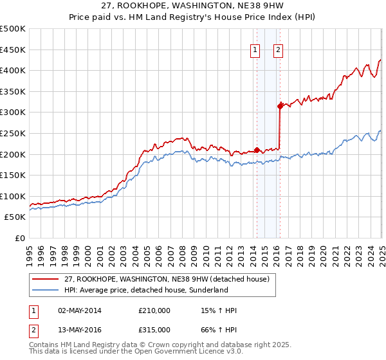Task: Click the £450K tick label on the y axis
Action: tap(14, 50)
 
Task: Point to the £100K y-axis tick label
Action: tap(14, 196)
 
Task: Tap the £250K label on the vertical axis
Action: tap(14, 133)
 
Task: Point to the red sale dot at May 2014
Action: tap(257, 150)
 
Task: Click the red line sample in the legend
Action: tap(46, 279)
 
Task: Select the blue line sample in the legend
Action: tap(46, 290)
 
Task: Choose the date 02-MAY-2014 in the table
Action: tap(79, 310)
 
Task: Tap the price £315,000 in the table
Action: tap(154, 329)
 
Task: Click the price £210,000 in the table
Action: tap(154, 310)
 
